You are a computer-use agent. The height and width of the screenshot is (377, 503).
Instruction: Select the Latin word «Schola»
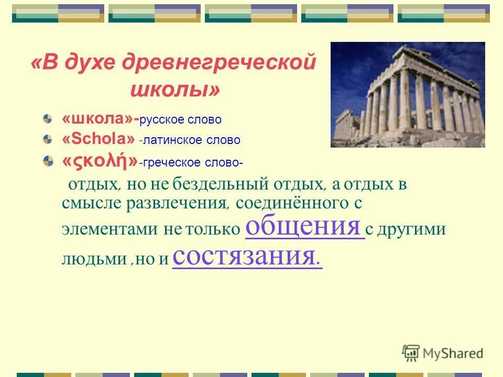coord(99,140)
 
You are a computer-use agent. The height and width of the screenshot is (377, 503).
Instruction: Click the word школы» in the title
coord(175,90)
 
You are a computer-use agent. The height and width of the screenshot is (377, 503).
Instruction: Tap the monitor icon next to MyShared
coord(411,353)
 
